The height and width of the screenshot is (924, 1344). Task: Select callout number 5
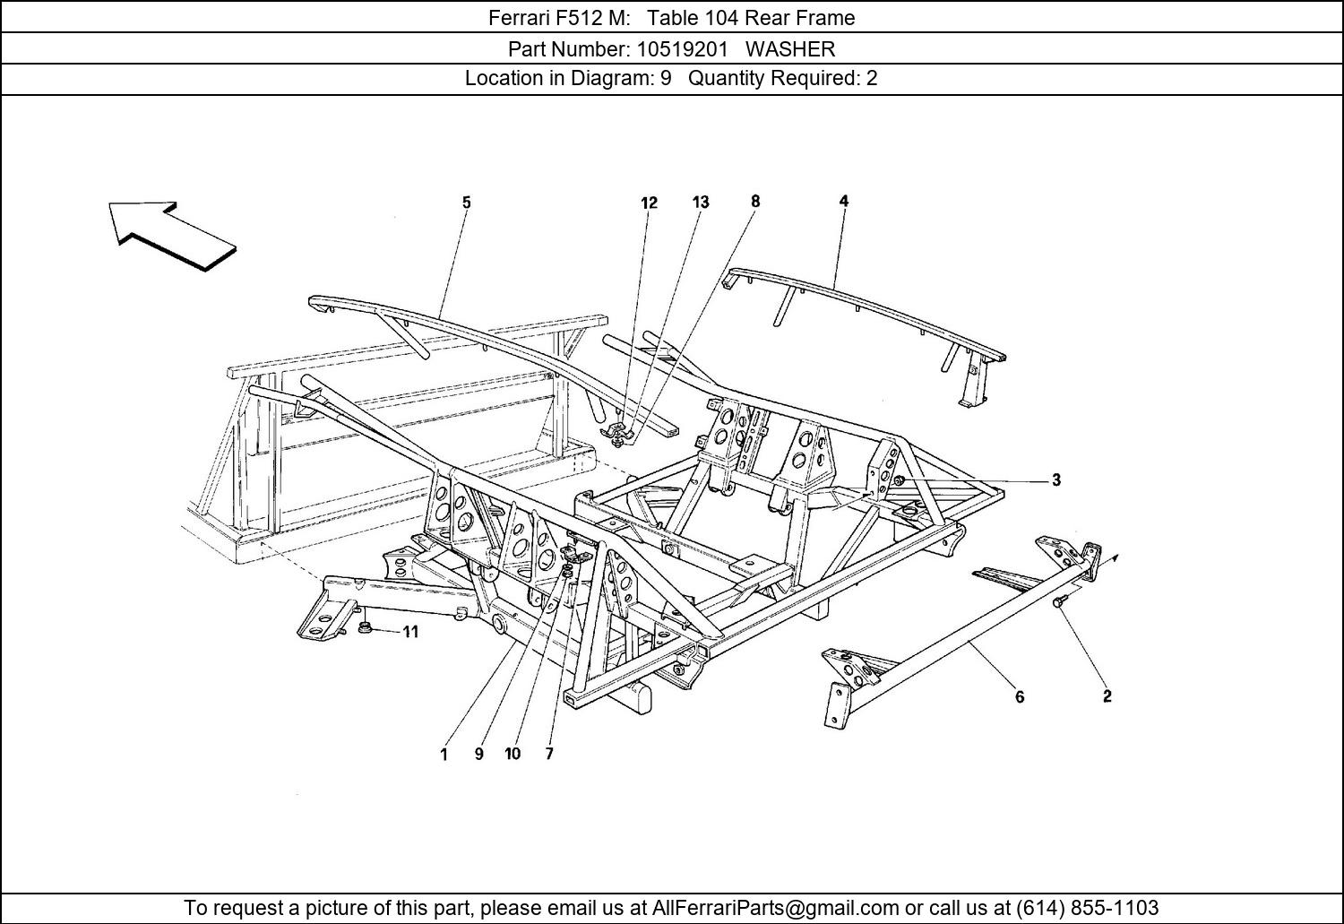466,203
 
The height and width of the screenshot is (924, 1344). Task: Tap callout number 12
649,203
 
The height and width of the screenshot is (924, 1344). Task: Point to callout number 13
701,203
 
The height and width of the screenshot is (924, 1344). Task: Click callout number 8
755,202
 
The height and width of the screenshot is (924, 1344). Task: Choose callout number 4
843,202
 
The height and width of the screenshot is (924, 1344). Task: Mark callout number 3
1056,480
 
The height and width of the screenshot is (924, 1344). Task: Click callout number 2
1107,696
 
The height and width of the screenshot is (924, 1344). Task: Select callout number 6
1020,696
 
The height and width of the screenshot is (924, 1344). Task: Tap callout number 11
409,632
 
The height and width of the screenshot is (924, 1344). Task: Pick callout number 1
444,755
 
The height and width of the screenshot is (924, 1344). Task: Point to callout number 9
478,755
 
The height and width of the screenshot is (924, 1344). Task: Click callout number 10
513,755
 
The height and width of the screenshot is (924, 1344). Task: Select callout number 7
549,755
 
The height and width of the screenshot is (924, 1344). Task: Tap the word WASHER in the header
789,48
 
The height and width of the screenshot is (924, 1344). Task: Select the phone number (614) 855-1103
1087,907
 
